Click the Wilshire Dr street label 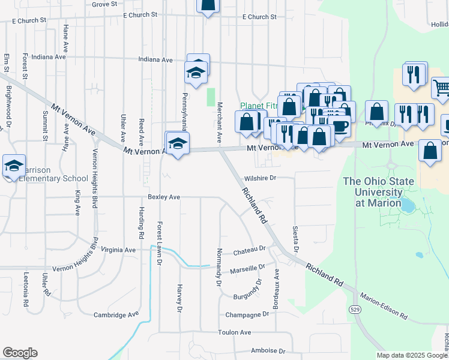260,178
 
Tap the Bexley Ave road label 164,197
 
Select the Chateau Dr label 249,249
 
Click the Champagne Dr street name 247,314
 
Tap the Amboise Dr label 268,351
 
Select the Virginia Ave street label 118,250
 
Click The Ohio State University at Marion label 372,192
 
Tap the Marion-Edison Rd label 383,306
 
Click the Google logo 20,353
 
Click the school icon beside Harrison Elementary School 13,165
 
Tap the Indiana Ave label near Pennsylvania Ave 155,60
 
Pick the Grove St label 105,4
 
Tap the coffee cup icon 340,126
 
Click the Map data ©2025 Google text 411,355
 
